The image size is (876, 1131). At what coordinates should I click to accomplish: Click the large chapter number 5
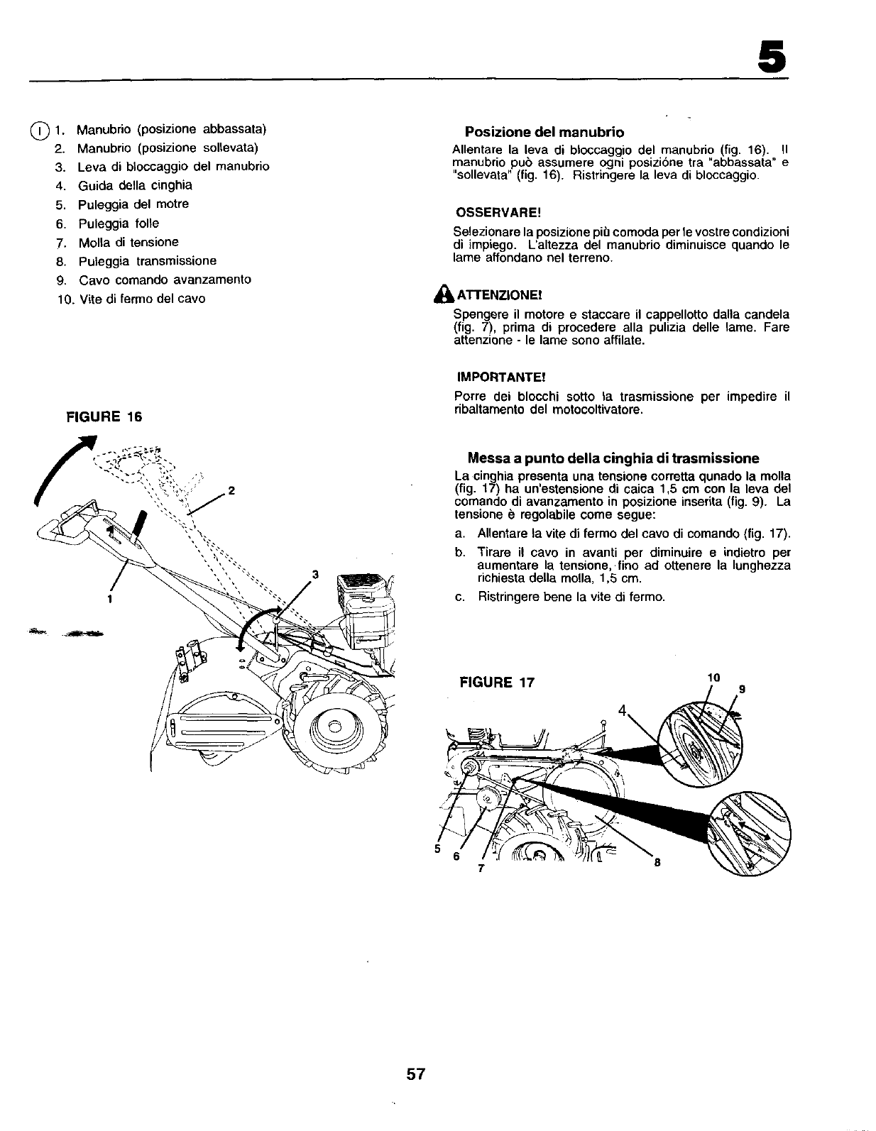772,55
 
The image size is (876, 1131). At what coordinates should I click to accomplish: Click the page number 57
415,1074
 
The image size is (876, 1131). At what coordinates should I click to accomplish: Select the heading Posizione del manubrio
544,133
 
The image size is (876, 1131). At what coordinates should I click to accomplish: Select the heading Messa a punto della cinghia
613,458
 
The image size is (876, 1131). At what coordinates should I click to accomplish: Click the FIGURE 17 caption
496,683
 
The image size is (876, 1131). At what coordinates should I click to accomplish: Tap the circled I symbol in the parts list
40,130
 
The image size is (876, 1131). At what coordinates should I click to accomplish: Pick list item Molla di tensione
128,242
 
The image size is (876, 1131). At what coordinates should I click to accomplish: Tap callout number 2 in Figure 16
231,490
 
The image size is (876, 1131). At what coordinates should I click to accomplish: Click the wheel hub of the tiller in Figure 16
334,724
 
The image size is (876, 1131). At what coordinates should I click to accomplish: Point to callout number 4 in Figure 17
623,710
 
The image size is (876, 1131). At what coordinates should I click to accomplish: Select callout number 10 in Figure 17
712,678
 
